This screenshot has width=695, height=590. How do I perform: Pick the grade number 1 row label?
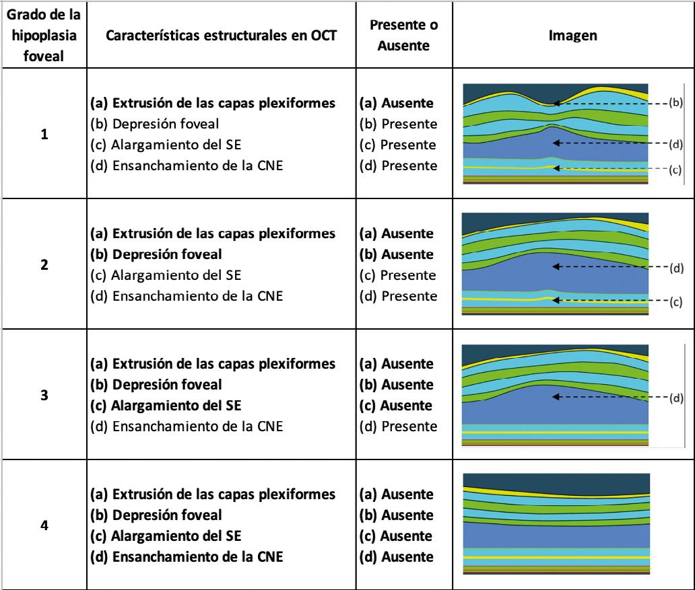[44, 135]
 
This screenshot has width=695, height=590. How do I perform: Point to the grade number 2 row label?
[44, 265]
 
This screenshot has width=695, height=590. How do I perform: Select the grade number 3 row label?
[44, 396]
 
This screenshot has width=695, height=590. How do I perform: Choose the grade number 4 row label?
[44, 525]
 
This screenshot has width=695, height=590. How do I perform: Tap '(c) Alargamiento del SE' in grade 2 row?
[152, 275]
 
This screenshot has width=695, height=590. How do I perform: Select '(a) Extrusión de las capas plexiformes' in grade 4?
[213, 495]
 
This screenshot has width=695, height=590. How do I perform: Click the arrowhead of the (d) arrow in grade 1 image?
[554, 143]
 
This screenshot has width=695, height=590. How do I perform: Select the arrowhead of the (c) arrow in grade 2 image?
[554, 301]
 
